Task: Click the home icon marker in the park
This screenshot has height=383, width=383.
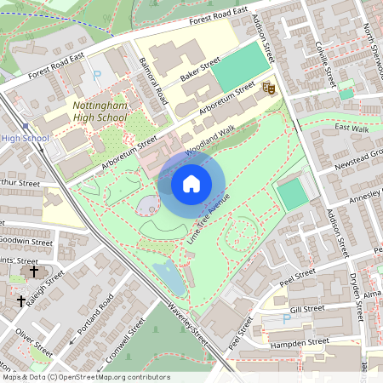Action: pyautogui.click(x=191, y=183)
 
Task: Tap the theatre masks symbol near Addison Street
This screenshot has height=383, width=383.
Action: pyautogui.click(x=269, y=86)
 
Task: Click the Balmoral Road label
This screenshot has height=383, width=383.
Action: pyautogui.click(x=155, y=86)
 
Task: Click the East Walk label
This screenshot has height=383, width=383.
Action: pyautogui.click(x=352, y=128)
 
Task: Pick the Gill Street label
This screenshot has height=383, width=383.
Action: pyautogui.click(x=307, y=309)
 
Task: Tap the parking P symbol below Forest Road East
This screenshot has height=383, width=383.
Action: pyautogui.click(x=95, y=75)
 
